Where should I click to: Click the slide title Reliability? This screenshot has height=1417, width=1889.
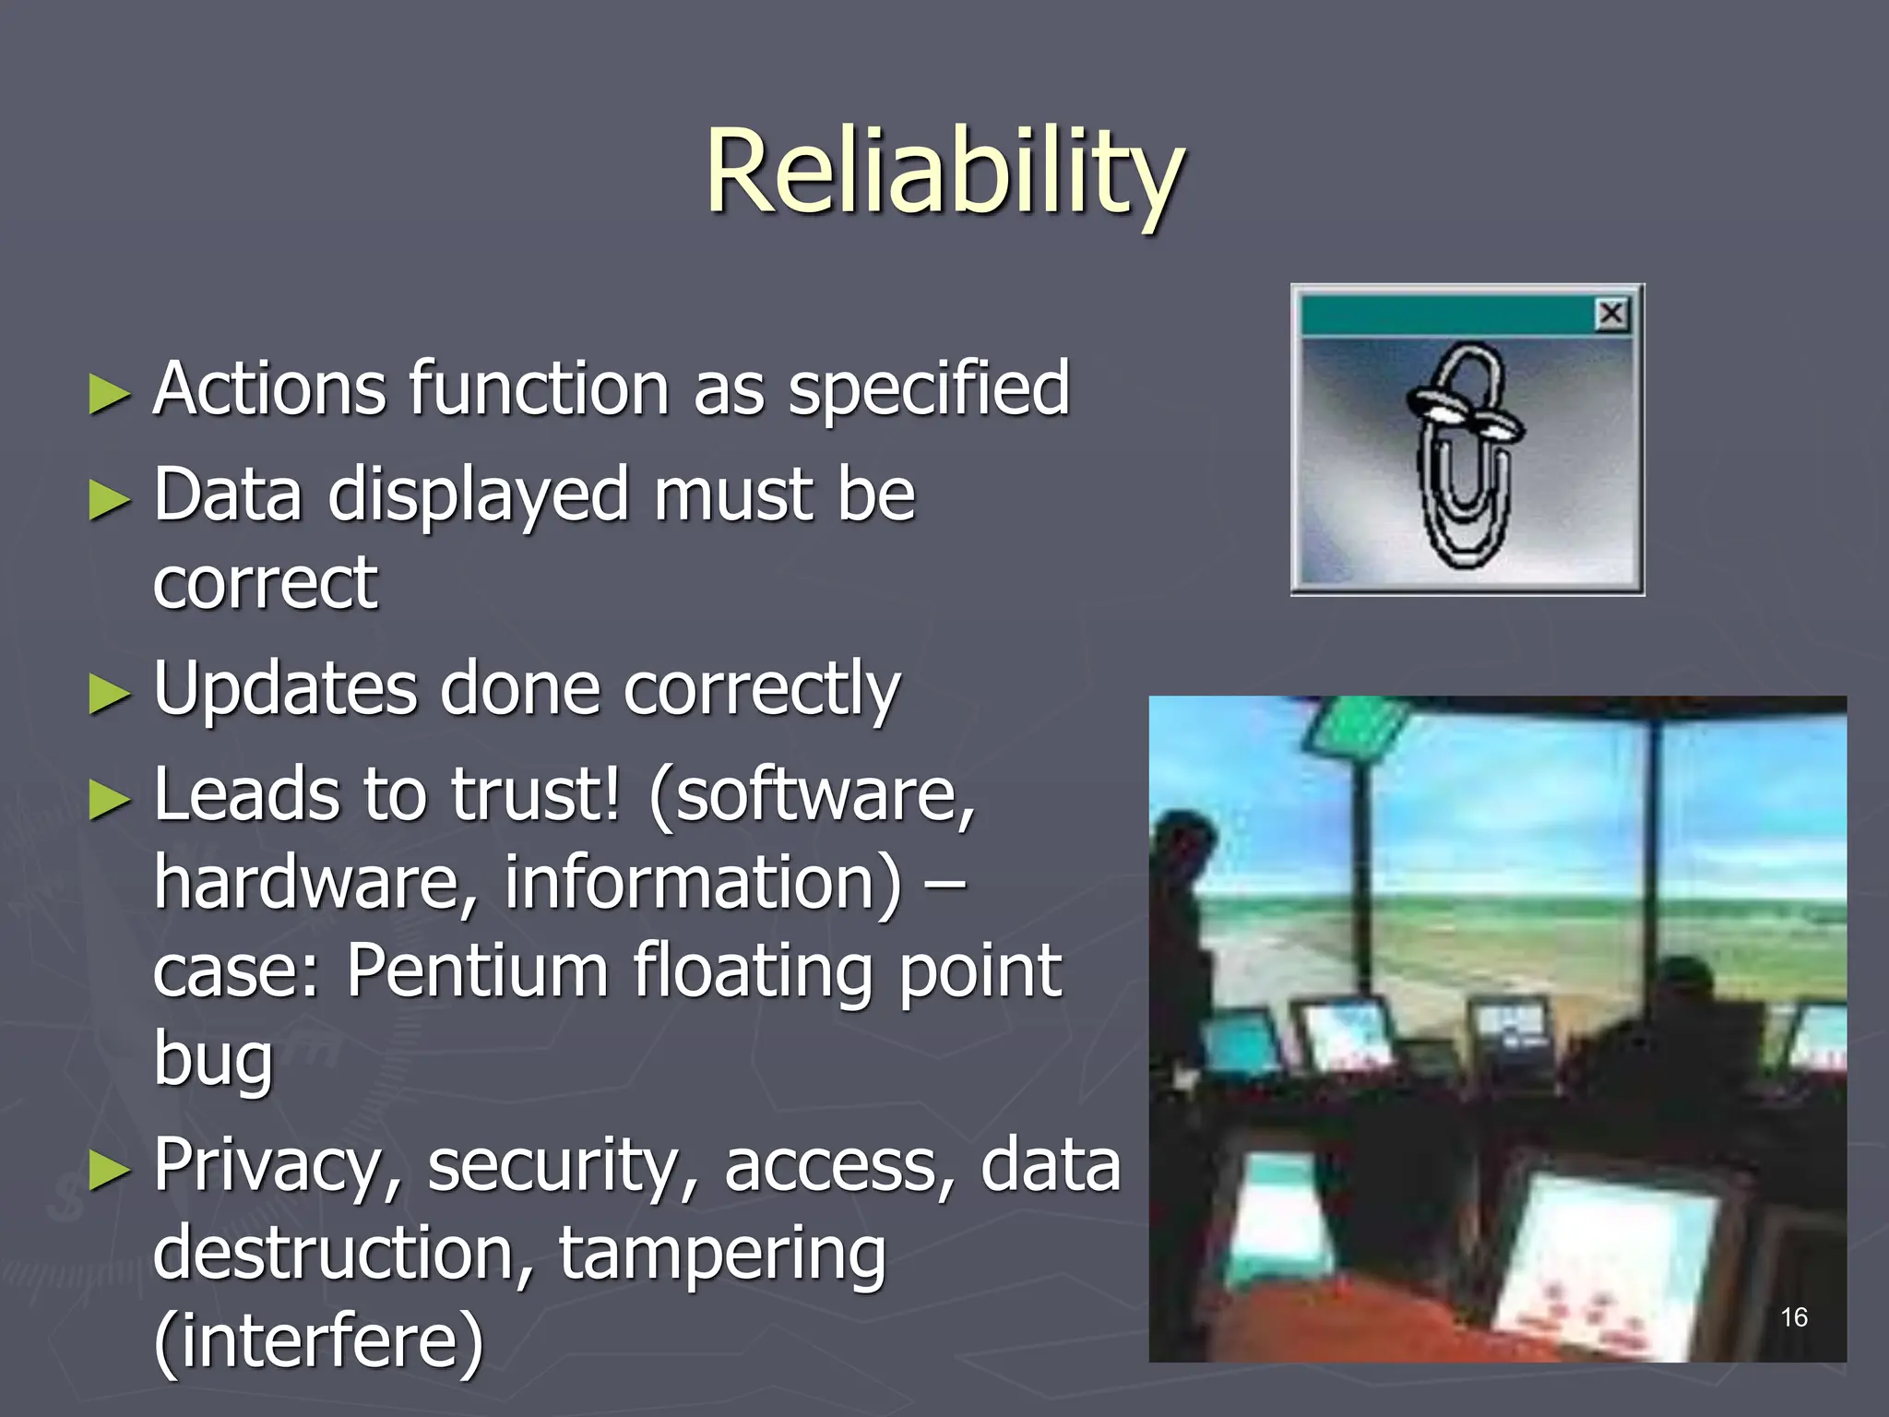[944, 173]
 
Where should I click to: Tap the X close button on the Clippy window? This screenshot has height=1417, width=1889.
[1611, 315]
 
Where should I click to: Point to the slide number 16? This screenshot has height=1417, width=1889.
[1793, 1317]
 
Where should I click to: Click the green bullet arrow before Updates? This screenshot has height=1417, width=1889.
[110, 694]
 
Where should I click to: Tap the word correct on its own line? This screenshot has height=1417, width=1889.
[266, 583]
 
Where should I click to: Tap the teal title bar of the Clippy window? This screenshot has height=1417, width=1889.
[1448, 315]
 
